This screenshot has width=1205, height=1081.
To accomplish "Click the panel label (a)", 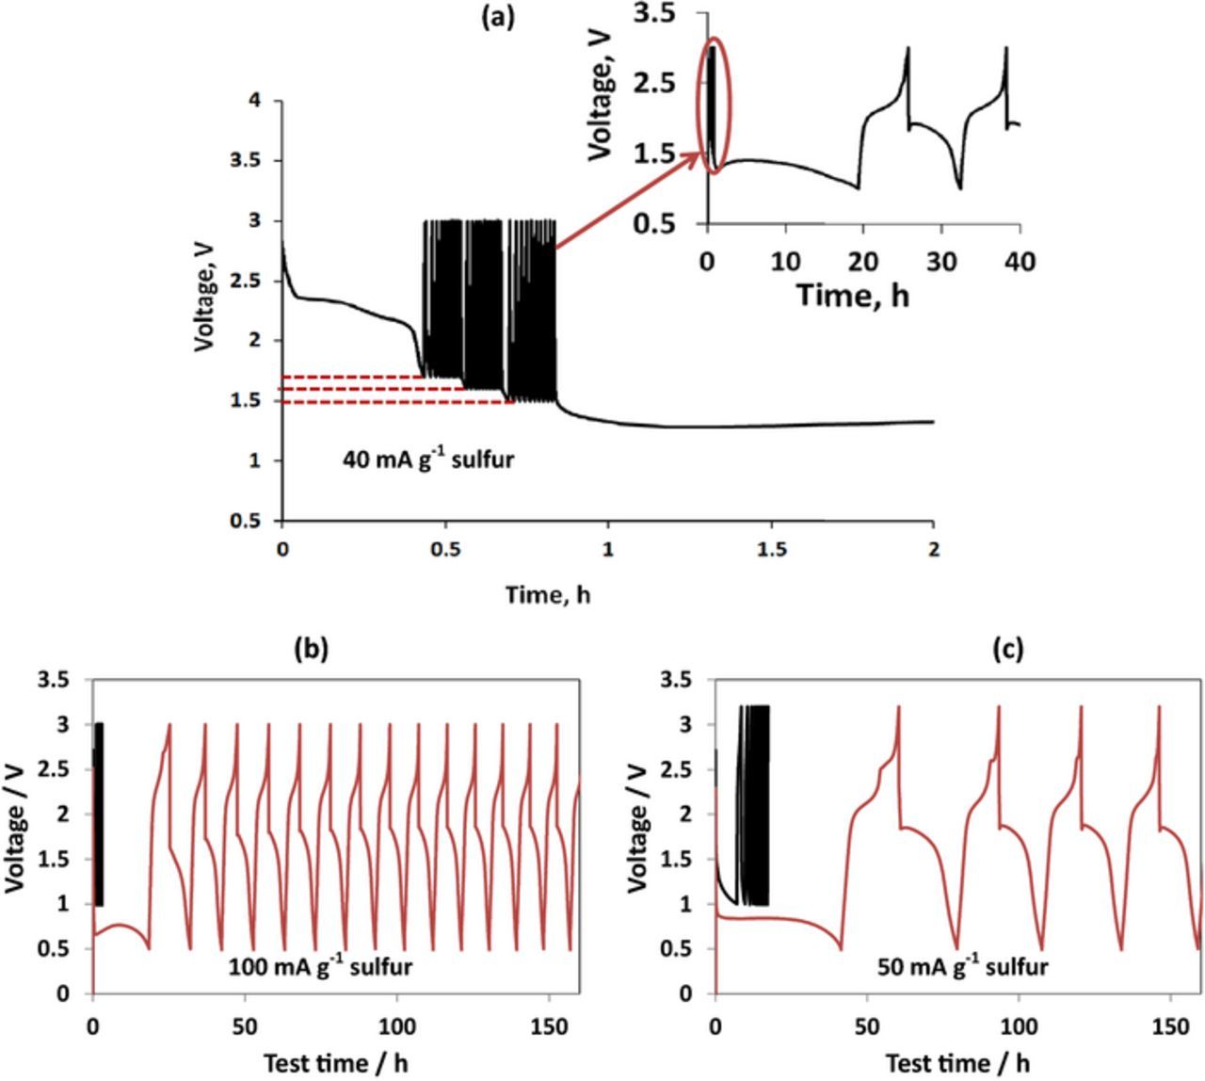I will pyautogui.click(x=498, y=17).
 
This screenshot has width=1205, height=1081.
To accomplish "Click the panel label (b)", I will pyautogui.click(x=312, y=649).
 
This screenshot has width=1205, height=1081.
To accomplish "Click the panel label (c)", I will pyautogui.click(x=1008, y=649).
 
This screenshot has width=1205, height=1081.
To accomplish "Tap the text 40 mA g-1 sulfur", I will pyautogui.click(x=428, y=460).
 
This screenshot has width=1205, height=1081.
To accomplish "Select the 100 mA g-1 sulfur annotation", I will pyautogui.click(x=320, y=966).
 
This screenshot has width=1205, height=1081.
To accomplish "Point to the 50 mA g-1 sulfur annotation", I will pyautogui.click(x=962, y=966).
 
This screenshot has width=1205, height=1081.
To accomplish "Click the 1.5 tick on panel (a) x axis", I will pyautogui.click(x=771, y=549).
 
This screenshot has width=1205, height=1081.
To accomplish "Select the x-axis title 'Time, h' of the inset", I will pyautogui.click(x=853, y=295).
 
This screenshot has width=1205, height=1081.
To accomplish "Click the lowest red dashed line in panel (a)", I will pyautogui.click(x=396, y=402).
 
